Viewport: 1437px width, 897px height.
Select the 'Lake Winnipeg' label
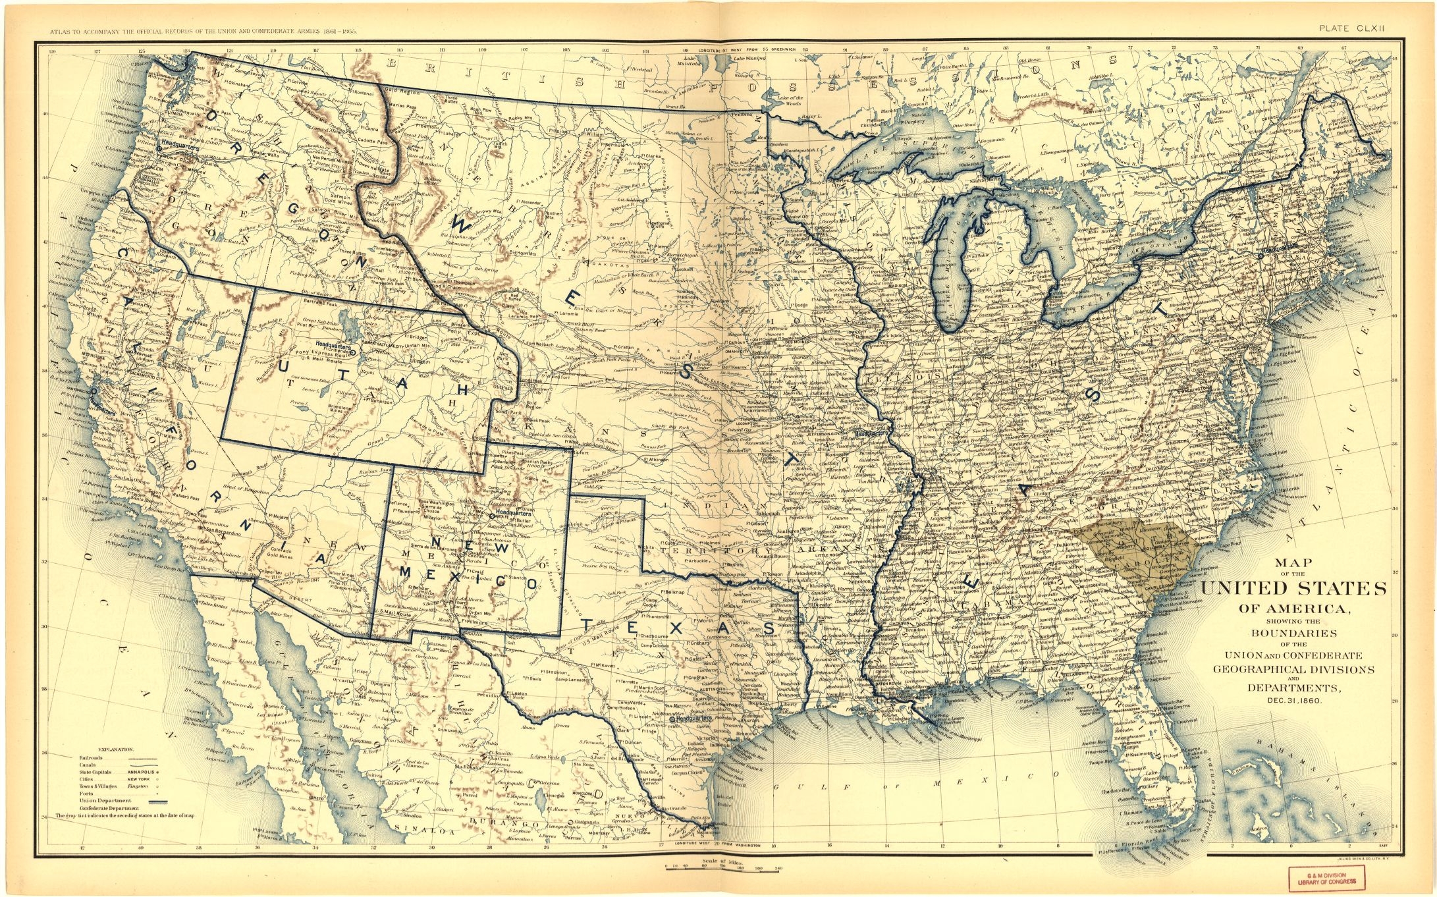tap(748, 59)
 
